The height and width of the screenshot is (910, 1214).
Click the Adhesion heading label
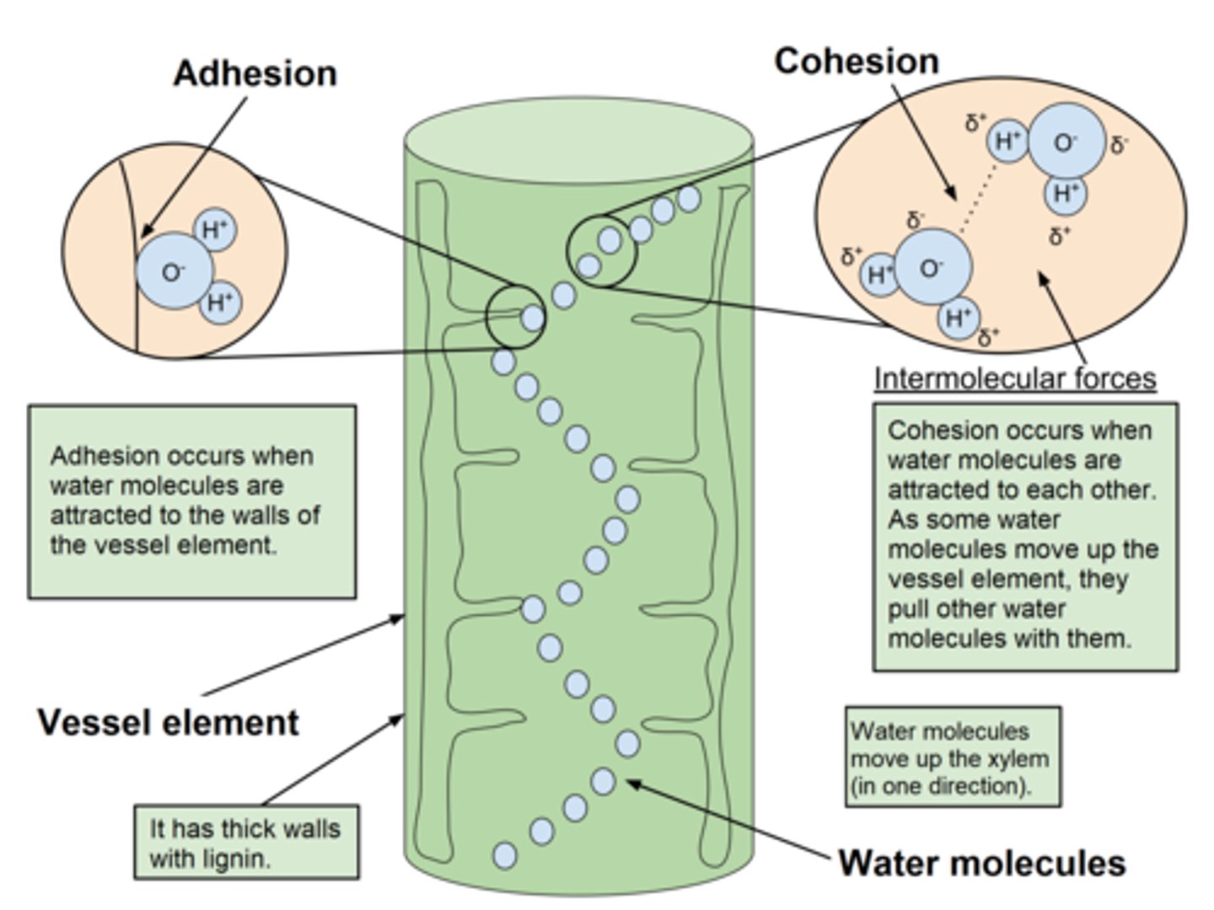coord(255,73)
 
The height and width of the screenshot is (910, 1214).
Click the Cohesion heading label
coord(856,62)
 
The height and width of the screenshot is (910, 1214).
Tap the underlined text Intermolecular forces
coord(1014,378)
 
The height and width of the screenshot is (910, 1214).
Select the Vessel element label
coord(168,723)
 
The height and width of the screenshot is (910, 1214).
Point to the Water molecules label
coord(981,863)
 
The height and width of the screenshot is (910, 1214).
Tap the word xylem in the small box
coord(1019,758)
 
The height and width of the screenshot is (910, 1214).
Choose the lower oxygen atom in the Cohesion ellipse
coord(932,268)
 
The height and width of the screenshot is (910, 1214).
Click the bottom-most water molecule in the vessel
coord(504,854)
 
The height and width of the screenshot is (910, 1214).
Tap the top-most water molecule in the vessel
coord(689,199)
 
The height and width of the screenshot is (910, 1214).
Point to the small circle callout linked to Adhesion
coord(516,317)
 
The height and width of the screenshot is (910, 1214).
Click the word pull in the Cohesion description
coord(913,609)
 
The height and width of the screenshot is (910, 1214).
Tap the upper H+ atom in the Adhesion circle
coord(215,229)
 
